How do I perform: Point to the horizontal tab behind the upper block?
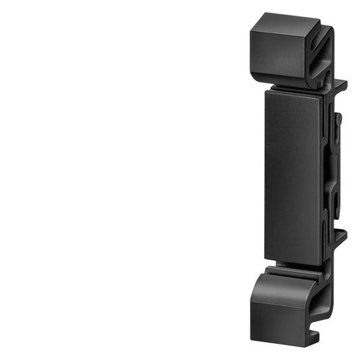[x=340, y=86]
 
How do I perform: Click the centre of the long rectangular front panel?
[x=292, y=176]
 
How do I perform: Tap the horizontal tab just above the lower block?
[x=340, y=236]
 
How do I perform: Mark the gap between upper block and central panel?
[x=290, y=88]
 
